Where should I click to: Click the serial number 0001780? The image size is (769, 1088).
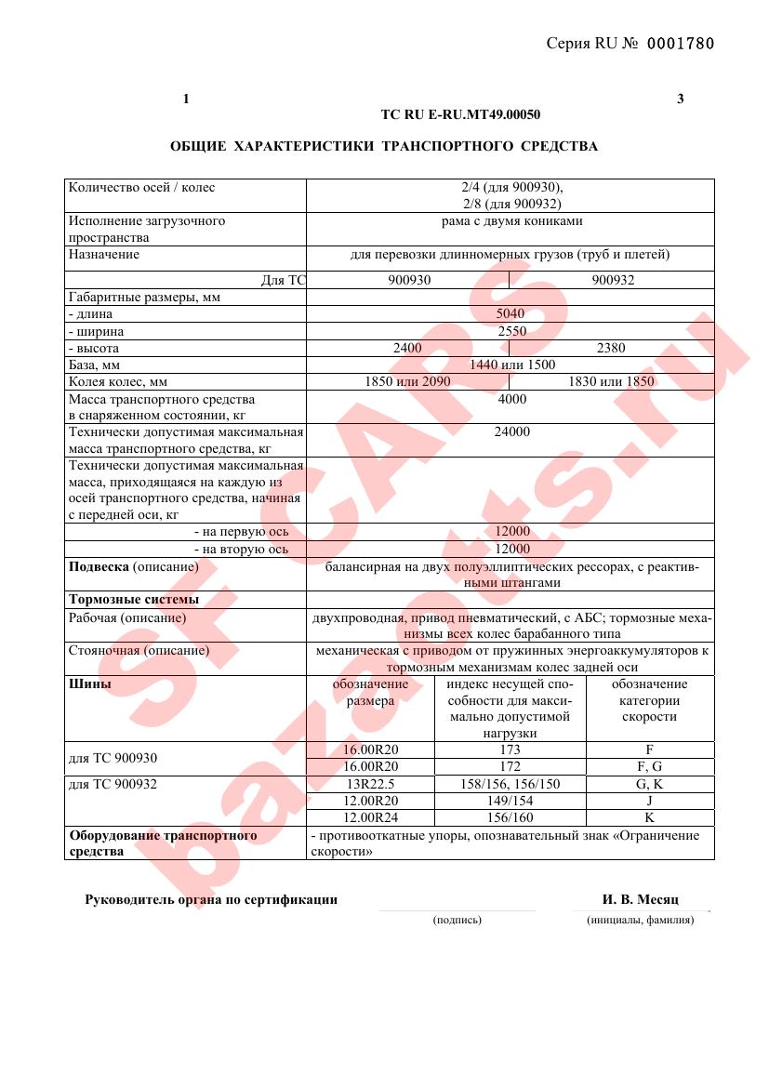click(680, 44)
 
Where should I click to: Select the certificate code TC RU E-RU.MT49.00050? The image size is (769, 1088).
click(460, 115)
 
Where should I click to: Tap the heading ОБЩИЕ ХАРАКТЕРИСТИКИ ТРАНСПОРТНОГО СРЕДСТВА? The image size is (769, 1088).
click(384, 147)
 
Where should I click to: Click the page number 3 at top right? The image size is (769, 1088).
click(681, 100)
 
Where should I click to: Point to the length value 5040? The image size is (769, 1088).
click(510, 314)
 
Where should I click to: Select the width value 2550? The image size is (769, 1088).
click(510, 331)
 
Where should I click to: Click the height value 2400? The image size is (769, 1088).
click(408, 348)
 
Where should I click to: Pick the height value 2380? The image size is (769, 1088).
click(612, 348)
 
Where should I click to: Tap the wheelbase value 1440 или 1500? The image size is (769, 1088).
click(512, 365)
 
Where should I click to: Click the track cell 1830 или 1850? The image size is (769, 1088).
click(611, 381)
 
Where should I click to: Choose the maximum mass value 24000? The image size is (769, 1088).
click(511, 431)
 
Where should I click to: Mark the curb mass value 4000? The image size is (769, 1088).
click(511, 399)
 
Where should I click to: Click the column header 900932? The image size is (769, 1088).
click(613, 280)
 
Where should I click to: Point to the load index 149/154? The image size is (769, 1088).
click(510, 801)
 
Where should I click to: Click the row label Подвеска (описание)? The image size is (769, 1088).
click(134, 566)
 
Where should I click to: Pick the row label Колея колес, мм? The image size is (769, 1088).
click(118, 381)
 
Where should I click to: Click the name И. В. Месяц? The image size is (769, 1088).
click(641, 900)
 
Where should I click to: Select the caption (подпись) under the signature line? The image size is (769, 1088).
click(457, 920)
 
